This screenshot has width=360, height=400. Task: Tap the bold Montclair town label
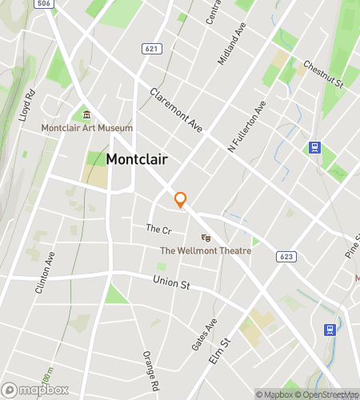tap(137, 159)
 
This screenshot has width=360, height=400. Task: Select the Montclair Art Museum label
tap(87, 128)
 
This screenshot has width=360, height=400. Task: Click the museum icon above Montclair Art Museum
tap(87, 114)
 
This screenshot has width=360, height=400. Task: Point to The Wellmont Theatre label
tap(206, 250)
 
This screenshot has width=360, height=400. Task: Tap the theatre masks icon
tap(206, 237)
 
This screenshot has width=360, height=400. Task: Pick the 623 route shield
tap(286, 256)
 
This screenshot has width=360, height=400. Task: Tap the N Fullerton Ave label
tap(246, 126)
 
